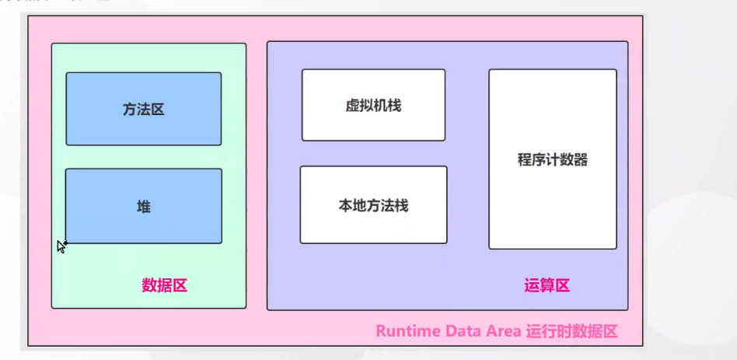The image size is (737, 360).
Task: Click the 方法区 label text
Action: pos(144,110)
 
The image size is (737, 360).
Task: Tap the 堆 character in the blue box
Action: pos(144,207)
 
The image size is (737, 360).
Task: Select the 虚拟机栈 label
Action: pos(373,106)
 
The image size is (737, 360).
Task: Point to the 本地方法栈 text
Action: pos(373,206)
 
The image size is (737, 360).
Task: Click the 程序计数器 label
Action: pos(553,160)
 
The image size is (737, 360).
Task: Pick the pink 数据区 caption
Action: pos(165,285)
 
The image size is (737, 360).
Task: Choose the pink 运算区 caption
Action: pos(547,285)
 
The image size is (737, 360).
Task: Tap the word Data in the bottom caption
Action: pos(463,331)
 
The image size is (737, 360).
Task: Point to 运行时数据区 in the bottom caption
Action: pos(574,331)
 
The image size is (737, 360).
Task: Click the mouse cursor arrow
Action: pos(61,246)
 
